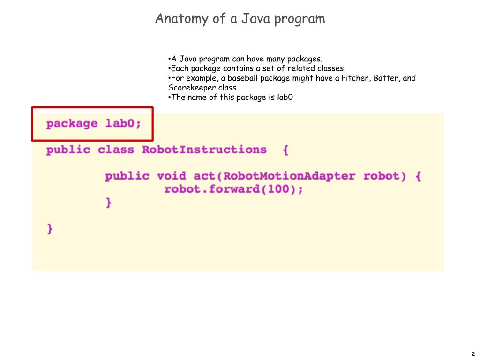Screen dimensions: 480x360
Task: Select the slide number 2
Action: pos(473,354)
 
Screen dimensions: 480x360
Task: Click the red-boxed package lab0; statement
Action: pos(93,124)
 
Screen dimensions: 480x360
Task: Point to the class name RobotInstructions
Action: pos(204,150)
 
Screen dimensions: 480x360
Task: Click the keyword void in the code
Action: pos(172,176)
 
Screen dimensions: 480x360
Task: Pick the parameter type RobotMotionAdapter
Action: pos(289,176)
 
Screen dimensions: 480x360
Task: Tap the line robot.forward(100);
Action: pos(233,189)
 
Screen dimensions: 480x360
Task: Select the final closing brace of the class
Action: pos(50,229)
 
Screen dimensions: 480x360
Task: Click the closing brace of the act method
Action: pos(109,202)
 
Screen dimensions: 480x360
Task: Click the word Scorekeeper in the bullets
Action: pos(192,88)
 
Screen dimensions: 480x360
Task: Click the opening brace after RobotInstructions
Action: pos(285,150)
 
